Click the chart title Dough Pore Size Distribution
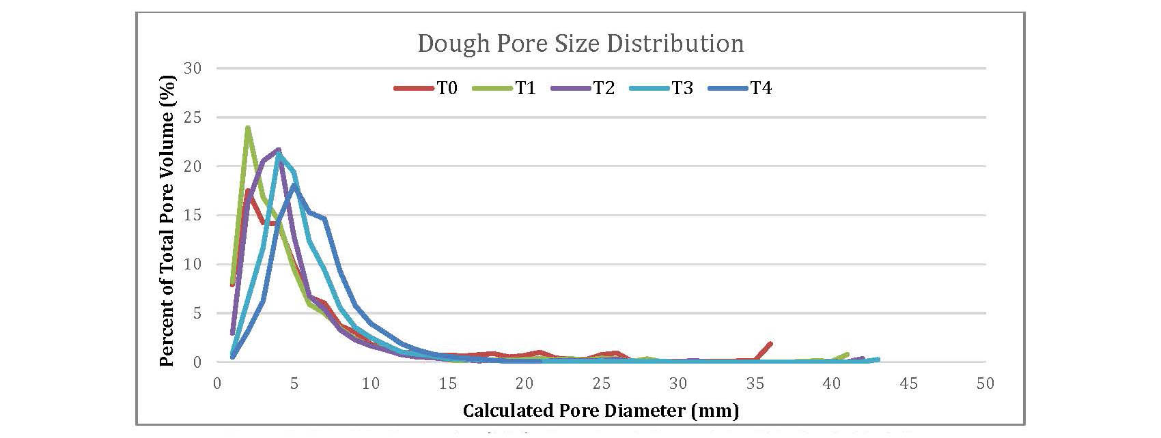coord(580,44)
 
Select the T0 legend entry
coord(447,88)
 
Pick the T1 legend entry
coord(525,88)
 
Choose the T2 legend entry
coord(604,88)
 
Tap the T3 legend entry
coord(682,88)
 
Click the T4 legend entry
coord(761,88)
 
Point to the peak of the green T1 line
coord(247,127)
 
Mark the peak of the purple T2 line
coord(278,149)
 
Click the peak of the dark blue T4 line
coord(294,185)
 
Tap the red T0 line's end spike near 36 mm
coord(770,343)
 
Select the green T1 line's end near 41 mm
coord(847,354)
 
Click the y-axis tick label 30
coord(193,68)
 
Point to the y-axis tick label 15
coord(193,216)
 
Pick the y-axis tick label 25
coord(193,117)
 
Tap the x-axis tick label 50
coord(985,384)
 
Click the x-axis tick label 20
coord(524,384)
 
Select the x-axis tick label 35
coord(755,384)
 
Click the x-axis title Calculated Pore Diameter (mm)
coord(601,411)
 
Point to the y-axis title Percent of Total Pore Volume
coord(167,220)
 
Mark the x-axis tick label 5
coord(294,384)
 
